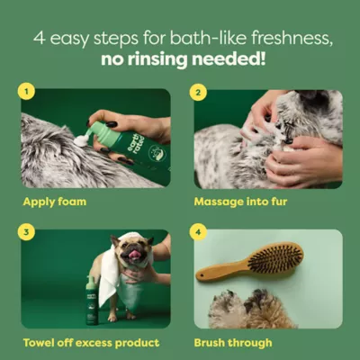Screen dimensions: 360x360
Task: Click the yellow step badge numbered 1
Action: pyautogui.click(x=29, y=91)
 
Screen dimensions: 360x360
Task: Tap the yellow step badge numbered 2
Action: pyautogui.click(x=200, y=91)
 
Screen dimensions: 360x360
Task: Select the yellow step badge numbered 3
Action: pyautogui.click(x=29, y=231)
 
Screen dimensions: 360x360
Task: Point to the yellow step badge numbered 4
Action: pyautogui.click(x=200, y=231)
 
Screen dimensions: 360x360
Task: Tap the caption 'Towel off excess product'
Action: pyautogui.click(x=90, y=343)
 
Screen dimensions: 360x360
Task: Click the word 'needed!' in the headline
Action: pyautogui.click(x=240, y=60)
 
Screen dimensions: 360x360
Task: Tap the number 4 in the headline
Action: pyautogui.click(x=40, y=39)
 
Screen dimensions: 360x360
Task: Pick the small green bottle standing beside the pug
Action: pyautogui.click(x=92, y=301)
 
